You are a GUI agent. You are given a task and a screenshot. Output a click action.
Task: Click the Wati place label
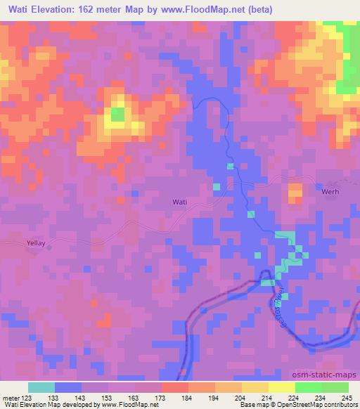[x=180, y=202]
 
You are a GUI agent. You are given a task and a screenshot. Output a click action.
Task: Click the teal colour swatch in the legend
[x=41, y=387]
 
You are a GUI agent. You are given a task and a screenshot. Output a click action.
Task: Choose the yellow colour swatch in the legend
[x=281, y=387]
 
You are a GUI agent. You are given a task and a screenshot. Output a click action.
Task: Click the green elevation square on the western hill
[x=118, y=113]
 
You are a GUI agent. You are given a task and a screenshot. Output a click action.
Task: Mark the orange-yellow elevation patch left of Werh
[x=295, y=190]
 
